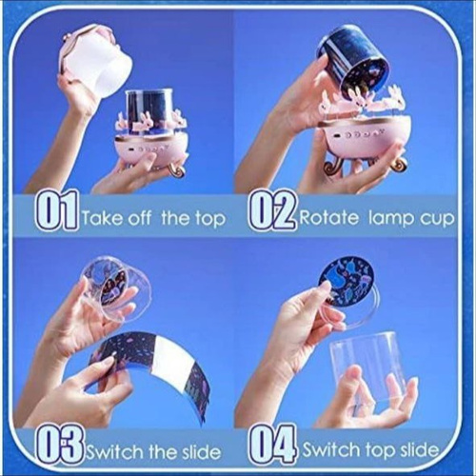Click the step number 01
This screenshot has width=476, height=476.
(56, 209)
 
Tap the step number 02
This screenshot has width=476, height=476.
(271, 209)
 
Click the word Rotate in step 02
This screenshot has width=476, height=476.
(328, 218)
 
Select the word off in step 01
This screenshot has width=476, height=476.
(139, 217)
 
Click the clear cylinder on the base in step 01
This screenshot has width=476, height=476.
(149, 109)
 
